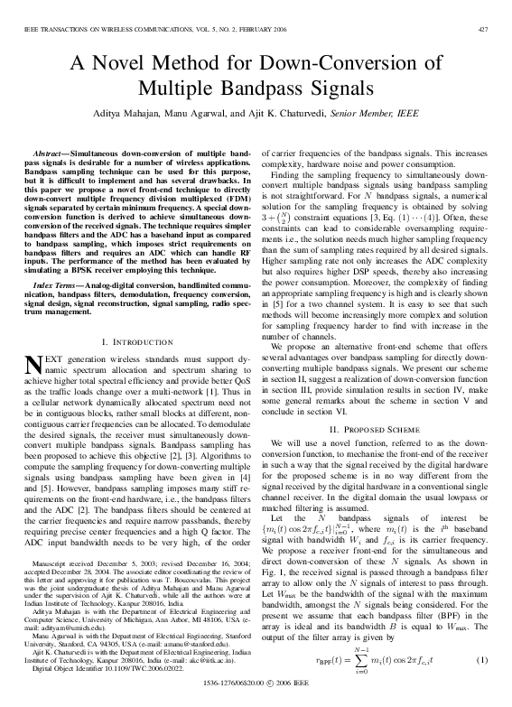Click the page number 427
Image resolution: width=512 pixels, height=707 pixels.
483,30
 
